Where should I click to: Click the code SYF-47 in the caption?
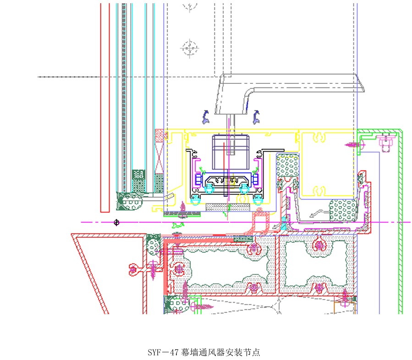[x=162, y=353]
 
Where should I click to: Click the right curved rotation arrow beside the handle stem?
[x=256, y=116]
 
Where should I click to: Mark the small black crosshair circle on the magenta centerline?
[x=116, y=223]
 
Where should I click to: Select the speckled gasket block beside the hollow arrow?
[x=343, y=211]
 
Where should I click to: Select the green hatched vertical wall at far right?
[x=400, y=220]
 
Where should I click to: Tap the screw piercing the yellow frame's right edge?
[x=354, y=144]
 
